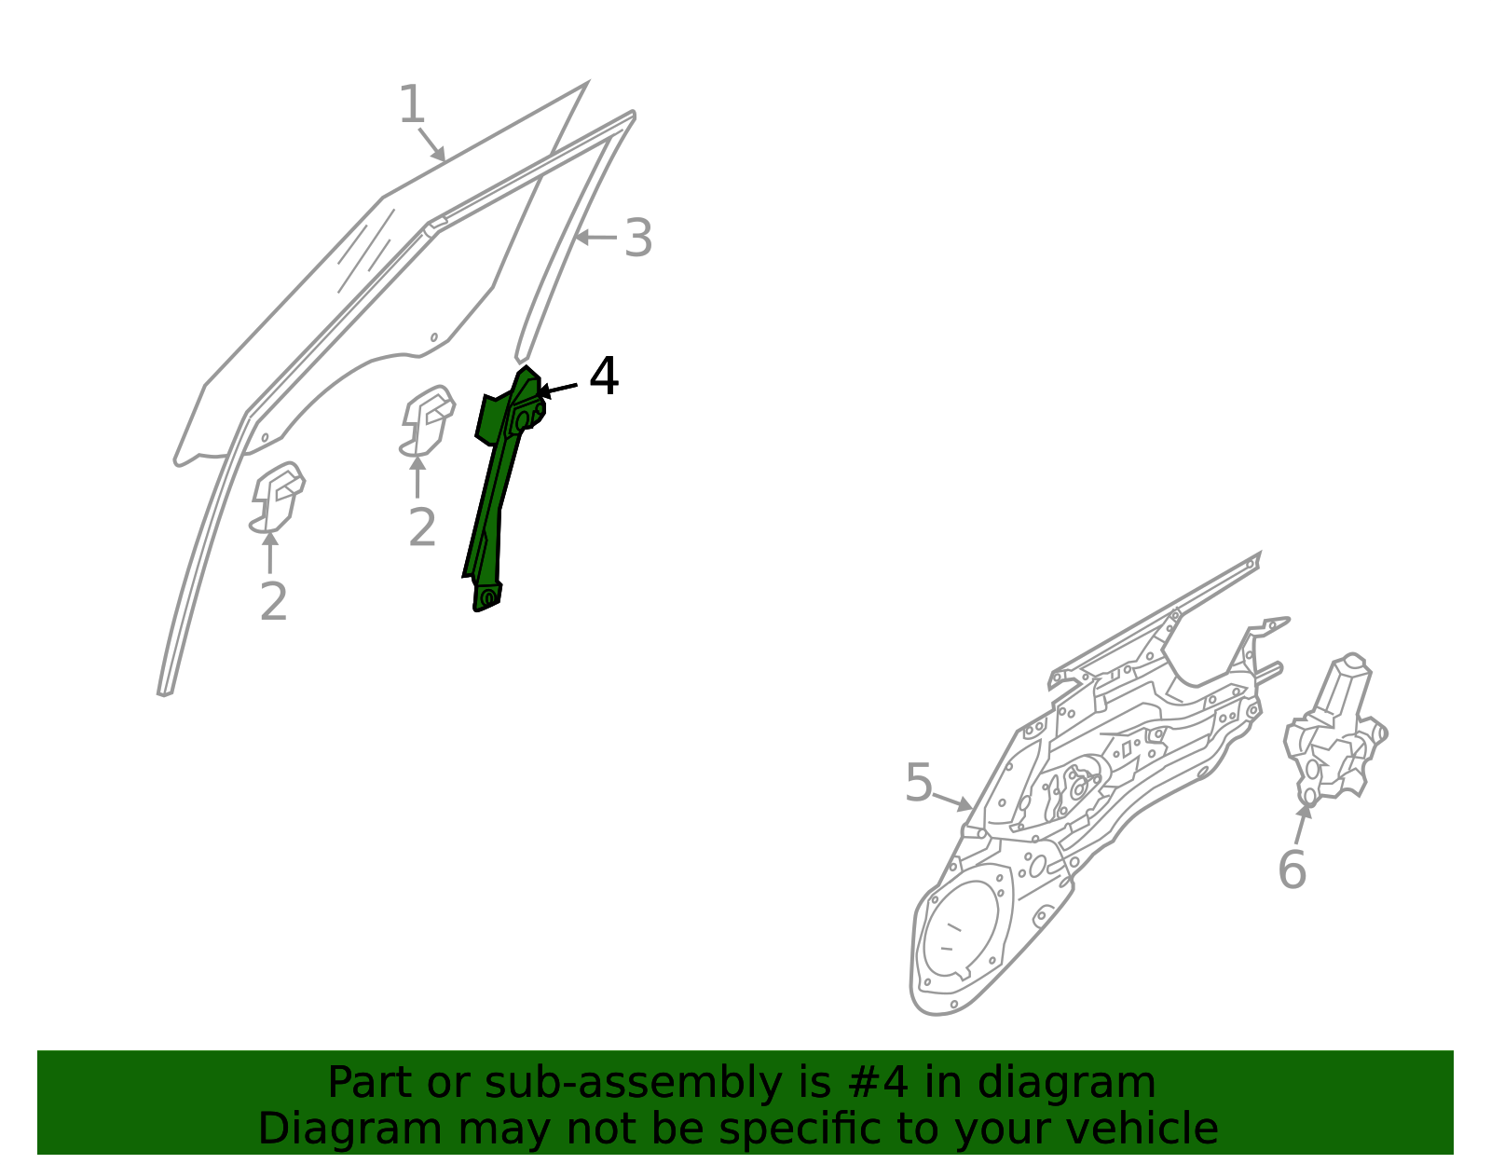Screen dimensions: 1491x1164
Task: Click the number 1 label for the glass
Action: [412, 104]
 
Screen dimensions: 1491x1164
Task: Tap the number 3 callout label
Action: [638, 238]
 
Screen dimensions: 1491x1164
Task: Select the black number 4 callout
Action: [604, 376]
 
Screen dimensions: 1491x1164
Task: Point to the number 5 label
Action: [919, 782]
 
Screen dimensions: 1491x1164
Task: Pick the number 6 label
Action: [1292, 870]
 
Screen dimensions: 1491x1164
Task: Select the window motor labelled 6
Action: [1334, 730]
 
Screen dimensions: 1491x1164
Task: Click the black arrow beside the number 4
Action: [558, 390]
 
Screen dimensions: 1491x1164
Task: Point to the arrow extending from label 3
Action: [595, 238]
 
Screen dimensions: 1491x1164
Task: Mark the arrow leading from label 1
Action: [432, 144]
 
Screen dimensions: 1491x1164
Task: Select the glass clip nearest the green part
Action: [427, 421]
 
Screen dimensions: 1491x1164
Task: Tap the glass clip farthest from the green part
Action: [277, 498]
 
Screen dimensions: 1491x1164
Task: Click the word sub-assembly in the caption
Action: [633, 1082]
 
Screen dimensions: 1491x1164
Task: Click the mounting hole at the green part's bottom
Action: [488, 598]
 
